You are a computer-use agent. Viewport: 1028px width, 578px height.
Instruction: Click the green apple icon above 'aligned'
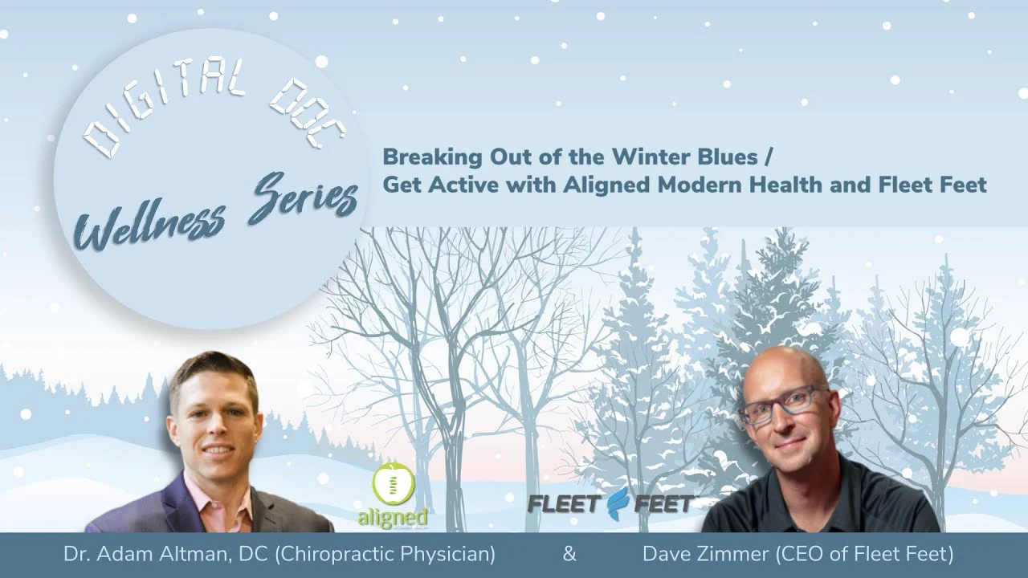(x=394, y=484)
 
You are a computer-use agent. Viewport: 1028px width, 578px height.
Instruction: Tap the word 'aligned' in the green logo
(x=393, y=517)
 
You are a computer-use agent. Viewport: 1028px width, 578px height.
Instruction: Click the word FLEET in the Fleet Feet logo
(x=565, y=504)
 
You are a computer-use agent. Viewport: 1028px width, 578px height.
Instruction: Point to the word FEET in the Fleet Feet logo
(x=663, y=504)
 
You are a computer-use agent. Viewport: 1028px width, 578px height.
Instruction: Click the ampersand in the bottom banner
(x=569, y=554)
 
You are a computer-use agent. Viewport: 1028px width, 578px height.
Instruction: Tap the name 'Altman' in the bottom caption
(x=194, y=555)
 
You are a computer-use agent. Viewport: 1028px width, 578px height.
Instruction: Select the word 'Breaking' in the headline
(x=432, y=158)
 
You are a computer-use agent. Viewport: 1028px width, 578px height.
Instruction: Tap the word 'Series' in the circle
(x=303, y=201)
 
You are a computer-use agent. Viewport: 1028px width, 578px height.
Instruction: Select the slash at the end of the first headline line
(x=769, y=158)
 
